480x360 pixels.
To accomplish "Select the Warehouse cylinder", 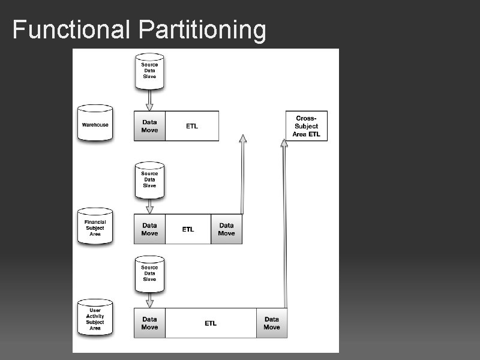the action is click(95, 124).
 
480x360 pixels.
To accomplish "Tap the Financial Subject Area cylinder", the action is click(95, 227).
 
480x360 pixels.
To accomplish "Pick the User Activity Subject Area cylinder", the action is click(95, 318).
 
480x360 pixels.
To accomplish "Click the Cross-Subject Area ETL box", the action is click(307, 126).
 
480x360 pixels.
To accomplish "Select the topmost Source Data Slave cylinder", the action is click(149, 71).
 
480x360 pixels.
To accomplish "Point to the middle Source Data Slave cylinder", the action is click(149, 179).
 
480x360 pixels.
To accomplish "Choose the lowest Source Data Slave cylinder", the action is click(149, 273).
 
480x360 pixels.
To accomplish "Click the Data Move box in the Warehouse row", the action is click(149, 126).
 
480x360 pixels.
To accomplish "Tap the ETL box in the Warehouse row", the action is click(192, 126).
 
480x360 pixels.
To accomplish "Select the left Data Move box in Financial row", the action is click(149, 229).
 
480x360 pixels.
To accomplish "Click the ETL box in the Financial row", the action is click(188, 229).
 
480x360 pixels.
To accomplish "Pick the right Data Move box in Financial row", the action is click(226, 229).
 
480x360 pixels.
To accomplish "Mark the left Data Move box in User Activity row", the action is click(149, 323).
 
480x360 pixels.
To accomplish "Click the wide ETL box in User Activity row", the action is click(211, 323).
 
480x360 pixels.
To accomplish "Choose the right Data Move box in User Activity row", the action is click(272, 323).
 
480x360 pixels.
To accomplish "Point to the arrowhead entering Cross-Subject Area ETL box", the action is click(284, 143).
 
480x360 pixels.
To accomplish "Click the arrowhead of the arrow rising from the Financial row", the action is click(242, 139).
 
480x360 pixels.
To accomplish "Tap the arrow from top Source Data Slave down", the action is click(149, 100).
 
